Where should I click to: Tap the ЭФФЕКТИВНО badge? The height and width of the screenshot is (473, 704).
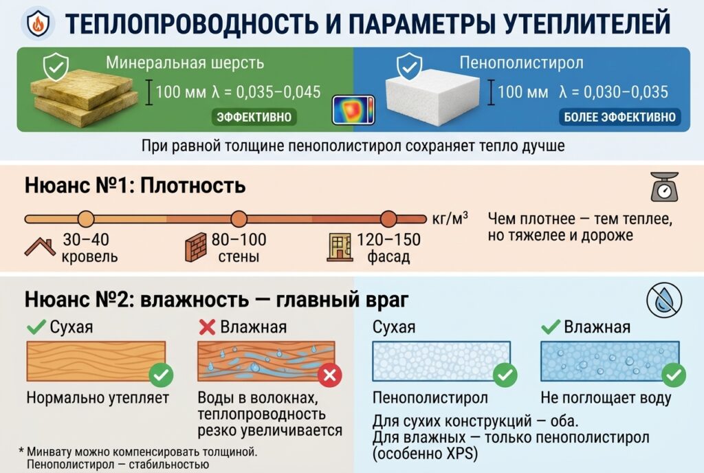pyautogui.click(x=254, y=117)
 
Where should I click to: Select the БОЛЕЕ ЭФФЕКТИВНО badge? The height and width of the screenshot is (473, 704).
pyautogui.click(x=619, y=117)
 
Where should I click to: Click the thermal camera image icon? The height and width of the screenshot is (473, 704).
pyautogui.click(x=353, y=110)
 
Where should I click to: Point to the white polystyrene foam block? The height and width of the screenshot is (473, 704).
pyautogui.click(x=432, y=96)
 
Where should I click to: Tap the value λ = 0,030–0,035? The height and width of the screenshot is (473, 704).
pyautogui.click(x=614, y=92)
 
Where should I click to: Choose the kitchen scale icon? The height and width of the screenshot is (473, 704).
pyautogui.click(x=665, y=187)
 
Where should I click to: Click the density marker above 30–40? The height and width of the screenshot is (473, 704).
pyautogui.click(x=86, y=219)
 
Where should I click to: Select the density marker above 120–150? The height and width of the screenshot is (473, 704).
pyautogui.click(x=389, y=219)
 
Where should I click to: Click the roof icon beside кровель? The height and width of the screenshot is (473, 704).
pyautogui.click(x=40, y=247)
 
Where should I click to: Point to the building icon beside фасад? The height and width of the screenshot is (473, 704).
pyautogui.click(x=340, y=247)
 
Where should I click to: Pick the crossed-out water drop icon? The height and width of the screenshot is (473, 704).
pyautogui.click(x=665, y=300)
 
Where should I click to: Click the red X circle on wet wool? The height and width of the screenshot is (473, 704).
pyautogui.click(x=329, y=375)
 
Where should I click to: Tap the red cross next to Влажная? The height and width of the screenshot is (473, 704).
pyautogui.click(x=207, y=327)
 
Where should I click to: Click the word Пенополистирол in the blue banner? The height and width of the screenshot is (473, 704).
pyautogui.click(x=521, y=63)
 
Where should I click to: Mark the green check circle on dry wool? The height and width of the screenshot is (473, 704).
pyautogui.click(x=161, y=375)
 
